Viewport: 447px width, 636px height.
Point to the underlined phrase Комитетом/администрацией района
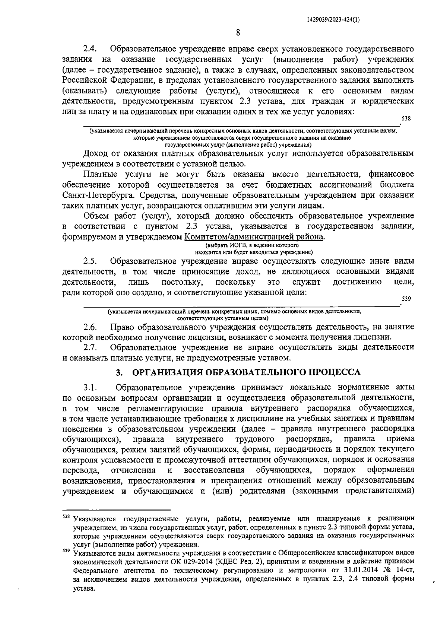(254, 236)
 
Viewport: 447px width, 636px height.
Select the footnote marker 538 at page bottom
(66, 517)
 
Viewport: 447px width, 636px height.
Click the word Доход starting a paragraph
(96, 153)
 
